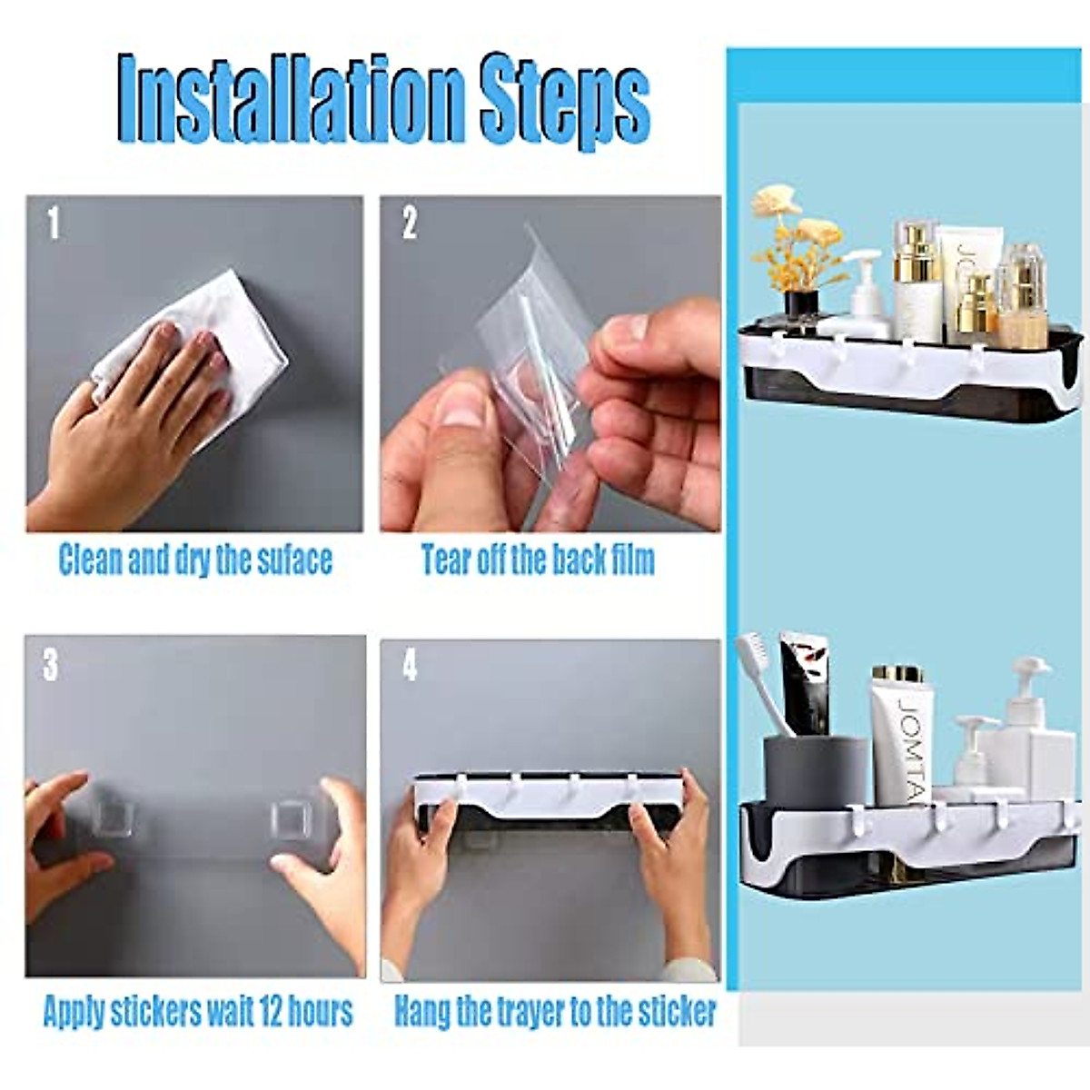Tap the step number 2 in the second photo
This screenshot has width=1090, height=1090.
(x=410, y=223)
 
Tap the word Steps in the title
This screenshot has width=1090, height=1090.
(x=564, y=102)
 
